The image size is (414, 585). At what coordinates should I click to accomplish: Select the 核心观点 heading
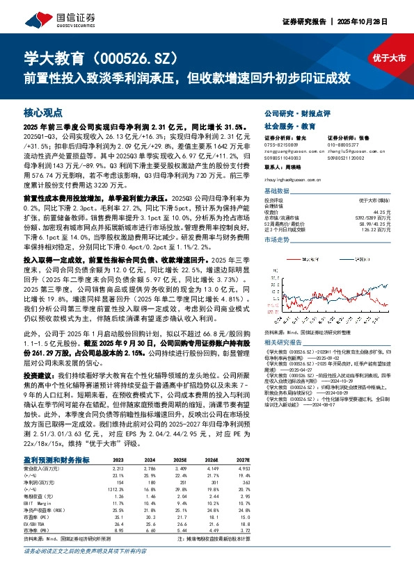42,111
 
